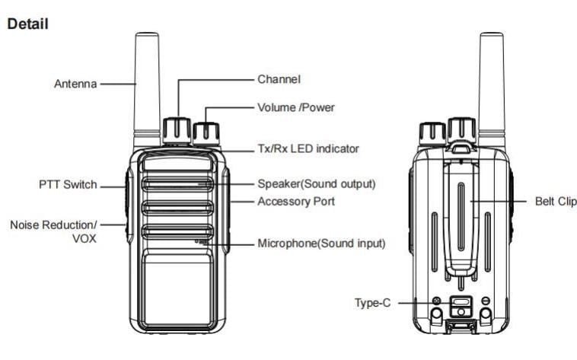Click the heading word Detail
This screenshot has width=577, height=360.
pyautogui.click(x=28, y=24)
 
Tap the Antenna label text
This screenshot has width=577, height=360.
pyautogui.click(x=75, y=84)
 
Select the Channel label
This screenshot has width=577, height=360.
pyautogui.click(x=279, y=78)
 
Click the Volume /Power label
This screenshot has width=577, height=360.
pyautogui.click(x=296, y=107)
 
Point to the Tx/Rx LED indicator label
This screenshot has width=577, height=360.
pyautogui.click(x=308, y=148)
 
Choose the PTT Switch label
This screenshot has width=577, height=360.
pyautogui.click(x=68, y=184)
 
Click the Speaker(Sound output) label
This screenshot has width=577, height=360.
pyautogui.click(x=316, y=184)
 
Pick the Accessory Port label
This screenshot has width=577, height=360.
pyautogui.click(x=295, y=202)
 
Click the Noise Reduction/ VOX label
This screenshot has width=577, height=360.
pyautogui.click(x=54, y=231)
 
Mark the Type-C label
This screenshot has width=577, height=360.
pyautogui.click(x=373, y=303)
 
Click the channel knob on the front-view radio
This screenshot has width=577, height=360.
pyautogui.click(x=178, y=129)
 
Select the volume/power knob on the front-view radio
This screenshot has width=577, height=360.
pyautogui.click(x=206, y=133)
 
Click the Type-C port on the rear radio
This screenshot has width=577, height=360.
pyautogui.click(x=461, y=305)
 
